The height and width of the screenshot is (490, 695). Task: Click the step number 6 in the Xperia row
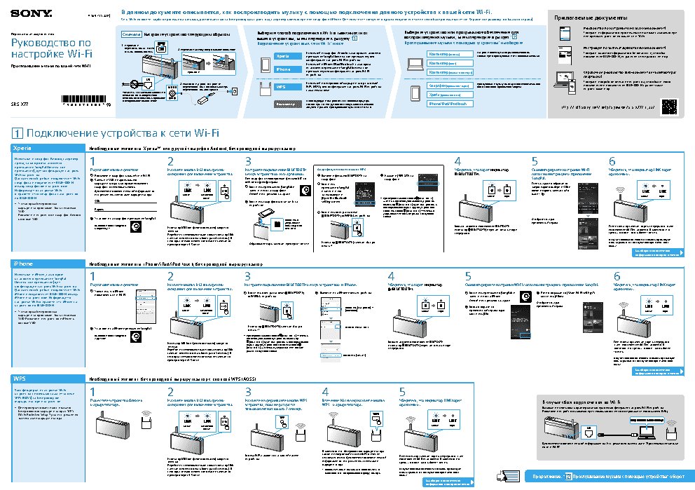[x=612, y=162]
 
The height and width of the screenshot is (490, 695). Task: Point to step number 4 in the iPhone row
[x=392, y=275]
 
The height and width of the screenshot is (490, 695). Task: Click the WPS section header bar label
[x=21, y=379]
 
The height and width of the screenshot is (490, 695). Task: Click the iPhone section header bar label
[x=23, y=263]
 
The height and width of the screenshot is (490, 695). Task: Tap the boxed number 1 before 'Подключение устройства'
[x=17, y=133]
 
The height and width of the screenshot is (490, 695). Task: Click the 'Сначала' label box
[x=132, y=34]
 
